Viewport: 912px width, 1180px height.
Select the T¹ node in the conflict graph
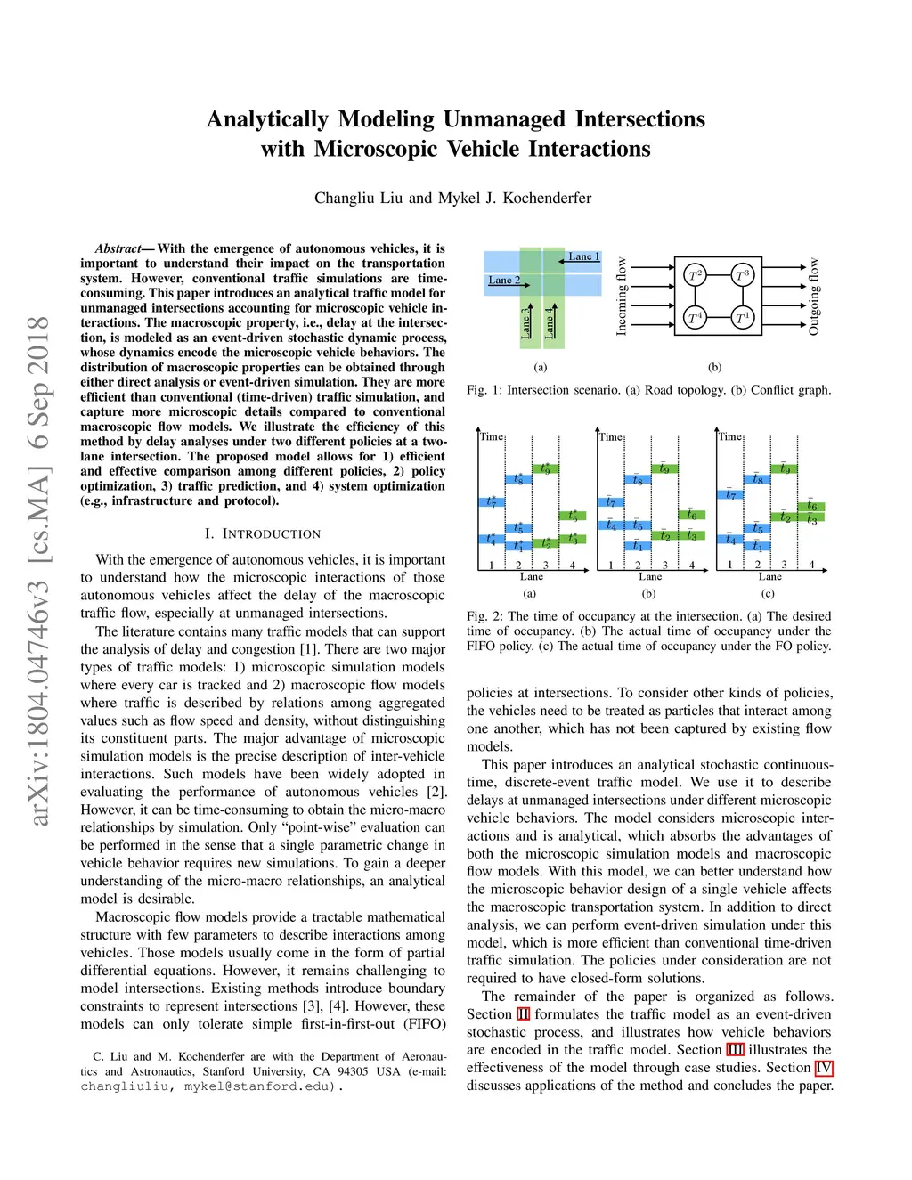click(x=742, y=317)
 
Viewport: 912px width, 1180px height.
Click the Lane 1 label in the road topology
click(x=584, y=256)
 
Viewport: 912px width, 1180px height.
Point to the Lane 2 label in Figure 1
click(x=504, y=280)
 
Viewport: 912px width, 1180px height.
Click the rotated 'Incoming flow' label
click(x=622, y=297)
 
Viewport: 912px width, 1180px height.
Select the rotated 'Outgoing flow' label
click(x=813, y=297)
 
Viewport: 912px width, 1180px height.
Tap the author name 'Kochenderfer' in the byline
click(x=547, y=198)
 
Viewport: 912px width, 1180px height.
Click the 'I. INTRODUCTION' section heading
click(x=263, y=533)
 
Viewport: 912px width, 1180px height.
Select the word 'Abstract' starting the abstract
click(x=118, y=248)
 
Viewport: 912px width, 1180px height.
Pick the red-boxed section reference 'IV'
click(x=824, y=1068)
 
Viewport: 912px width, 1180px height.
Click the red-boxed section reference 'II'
click(x=524, y=1014)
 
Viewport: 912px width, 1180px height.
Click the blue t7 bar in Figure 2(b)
click(x=610, y=502)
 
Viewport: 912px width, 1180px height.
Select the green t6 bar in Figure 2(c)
click(x=812, y=506)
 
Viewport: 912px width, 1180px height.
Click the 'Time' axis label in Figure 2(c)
click(x=730, y=436)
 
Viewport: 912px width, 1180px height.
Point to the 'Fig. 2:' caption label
click(x=484, y=616)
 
